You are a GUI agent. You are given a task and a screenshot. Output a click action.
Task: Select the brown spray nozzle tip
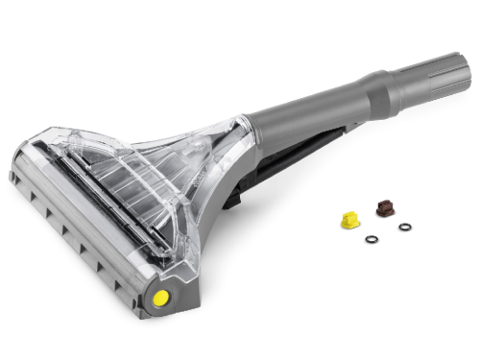[384, 205]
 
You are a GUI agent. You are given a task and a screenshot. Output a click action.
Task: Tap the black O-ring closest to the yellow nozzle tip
[372, 239]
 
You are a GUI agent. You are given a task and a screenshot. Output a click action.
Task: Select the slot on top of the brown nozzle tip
[384, 202]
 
